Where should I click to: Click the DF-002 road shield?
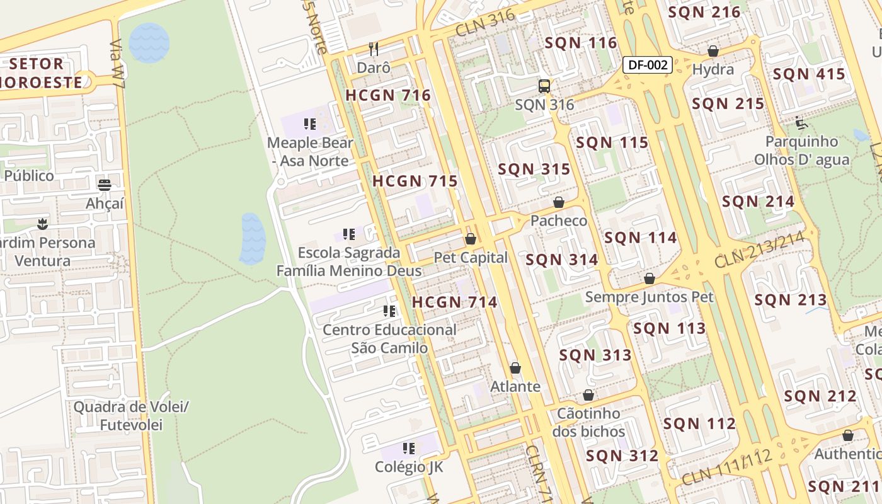(x=648, y=64)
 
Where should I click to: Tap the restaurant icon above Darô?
(x=374, y=49)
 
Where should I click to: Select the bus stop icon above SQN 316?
(x=544, y=86)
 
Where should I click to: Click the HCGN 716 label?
(x=388, y=96)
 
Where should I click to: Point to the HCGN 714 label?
(x=455, y=302)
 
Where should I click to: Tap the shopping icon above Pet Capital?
(x=470, y=239)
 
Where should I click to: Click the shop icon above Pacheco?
(x=558, y=202)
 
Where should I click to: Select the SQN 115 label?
(x=612, y=143)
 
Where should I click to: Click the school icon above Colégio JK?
(x=409, y=449)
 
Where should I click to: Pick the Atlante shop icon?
(x=515, y=368)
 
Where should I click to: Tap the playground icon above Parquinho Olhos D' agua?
(x=801, y=122)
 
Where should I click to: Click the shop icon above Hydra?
(x=713, y=51)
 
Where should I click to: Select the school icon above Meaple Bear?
(x=309, y=124)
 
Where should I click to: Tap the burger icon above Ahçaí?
(x=105, y=185)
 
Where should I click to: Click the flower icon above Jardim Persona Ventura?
(x=42, y=224)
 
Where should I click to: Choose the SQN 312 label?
(x=622, y=456)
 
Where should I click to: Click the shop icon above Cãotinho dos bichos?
(x=588, y=395)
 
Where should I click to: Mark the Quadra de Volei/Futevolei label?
(x=131, y=416)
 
